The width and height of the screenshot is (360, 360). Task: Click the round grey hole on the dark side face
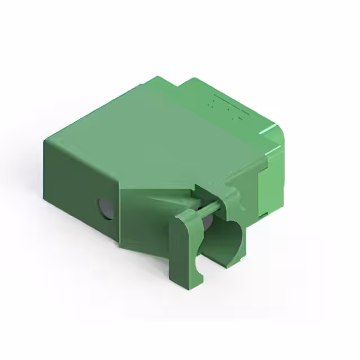pos(105,208)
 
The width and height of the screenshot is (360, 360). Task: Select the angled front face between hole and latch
pos(143,219)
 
